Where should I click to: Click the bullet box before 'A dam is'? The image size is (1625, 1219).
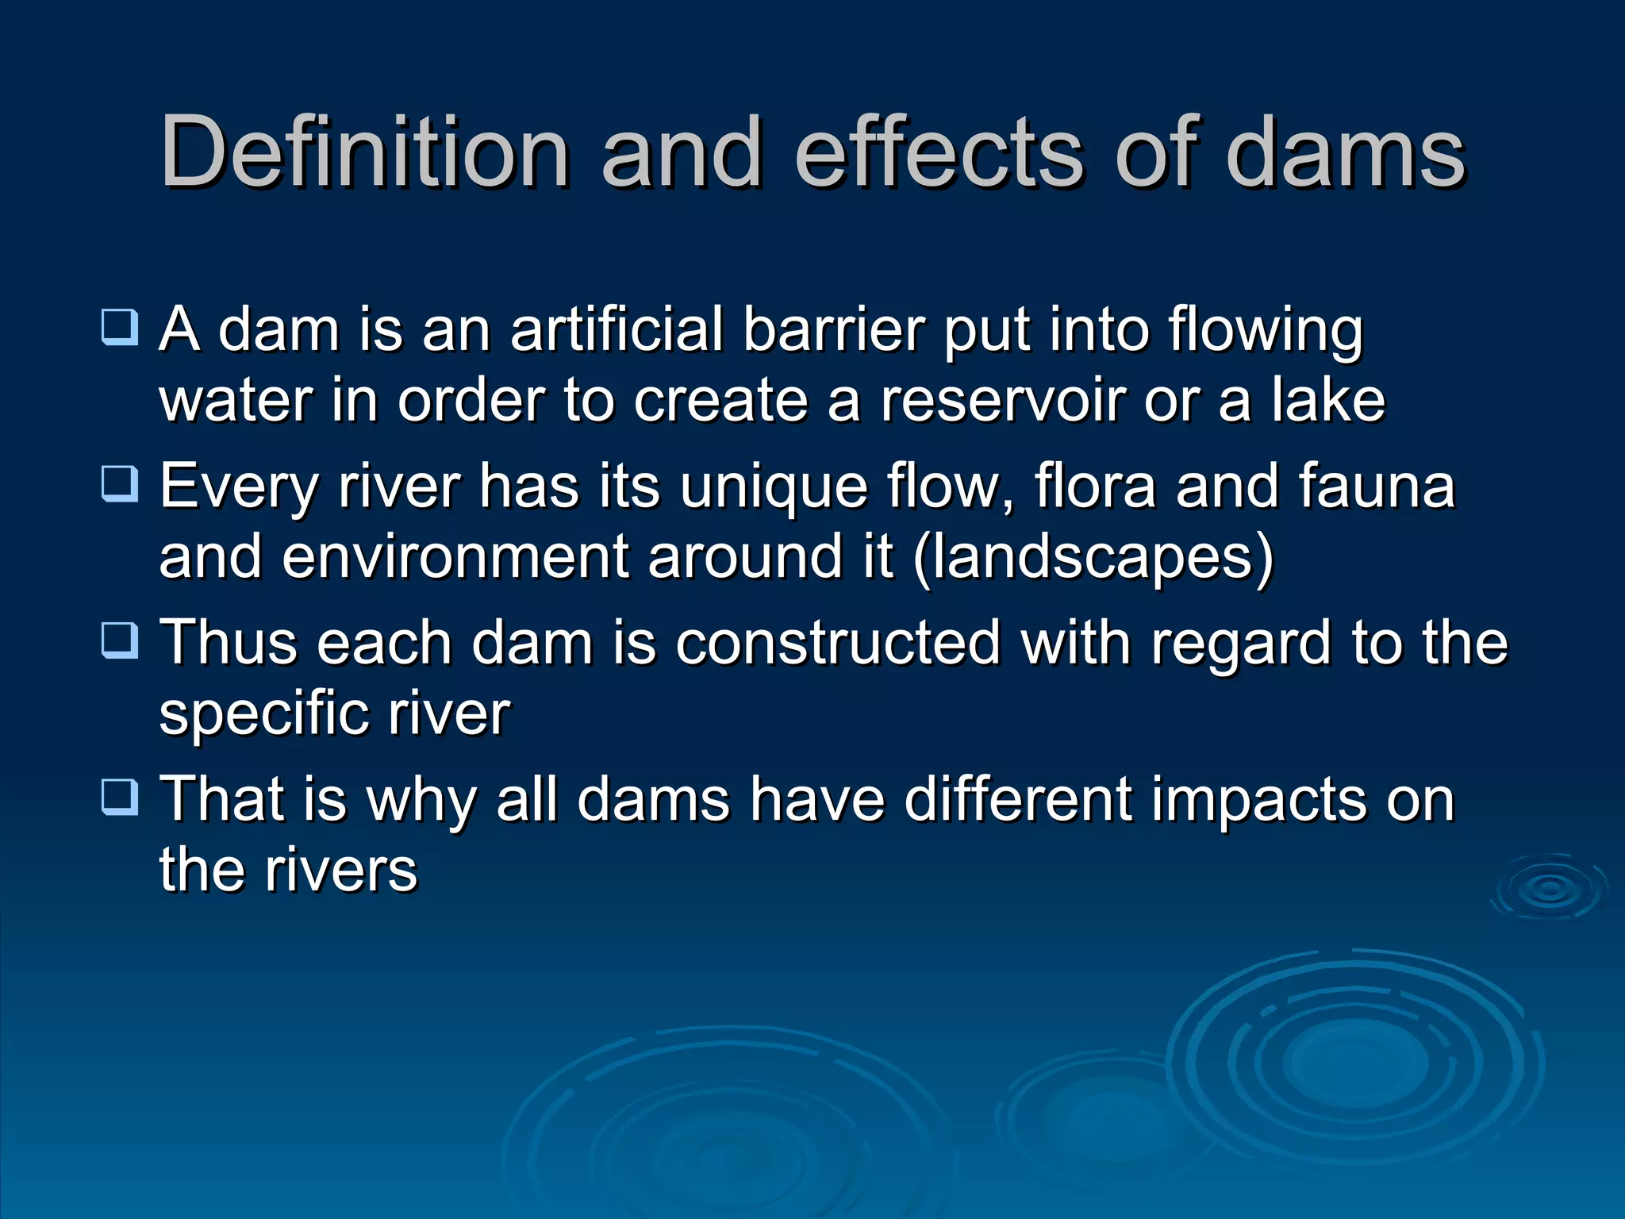[120, 327]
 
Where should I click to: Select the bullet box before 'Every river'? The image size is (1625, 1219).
[120, 483]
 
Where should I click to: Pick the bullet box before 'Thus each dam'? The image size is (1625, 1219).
[120, 640]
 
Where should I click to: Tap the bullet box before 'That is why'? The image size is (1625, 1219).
[120, 797]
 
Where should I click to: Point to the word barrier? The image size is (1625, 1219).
[833, 329]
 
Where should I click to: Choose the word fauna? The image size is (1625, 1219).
[1377, 486]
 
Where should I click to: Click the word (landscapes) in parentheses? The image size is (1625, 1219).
[1093, 558]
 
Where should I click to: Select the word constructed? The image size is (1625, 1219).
[838, 642]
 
